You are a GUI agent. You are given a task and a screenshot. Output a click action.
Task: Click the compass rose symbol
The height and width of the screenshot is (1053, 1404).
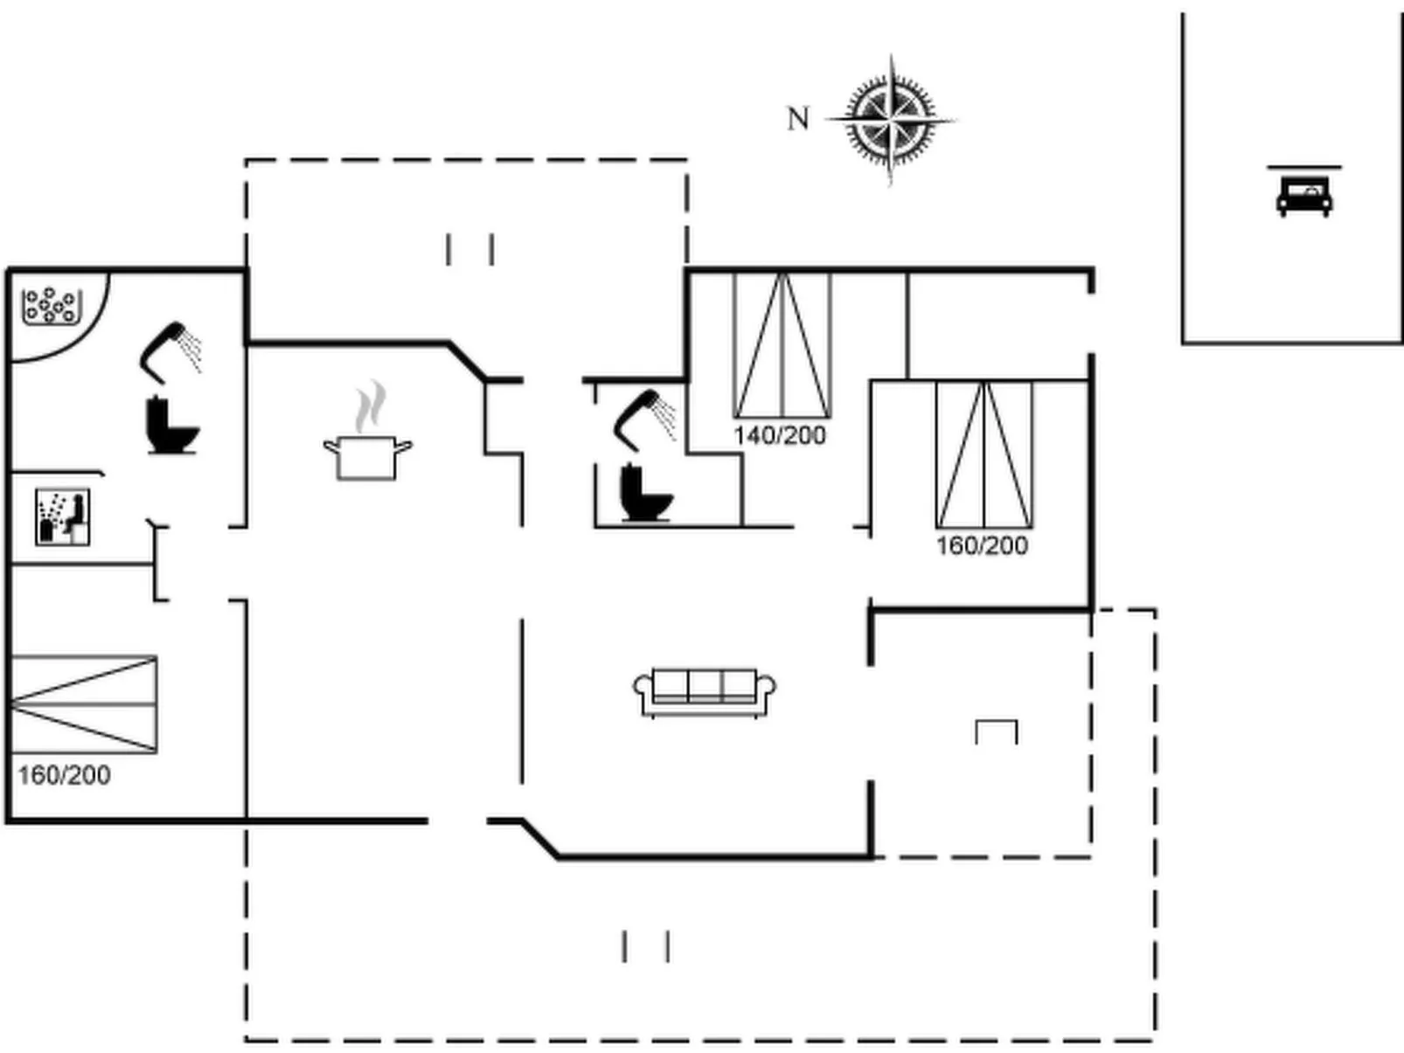[891, 120]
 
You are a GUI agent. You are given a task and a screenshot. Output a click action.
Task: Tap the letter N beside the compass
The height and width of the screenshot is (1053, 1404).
[798, 118]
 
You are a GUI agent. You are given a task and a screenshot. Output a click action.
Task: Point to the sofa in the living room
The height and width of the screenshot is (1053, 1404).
[705, 692]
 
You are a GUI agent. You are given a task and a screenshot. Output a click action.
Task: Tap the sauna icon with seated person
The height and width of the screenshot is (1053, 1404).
[62, 516]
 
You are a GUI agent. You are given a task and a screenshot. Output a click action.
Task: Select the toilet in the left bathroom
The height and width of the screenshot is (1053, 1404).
[172, 425]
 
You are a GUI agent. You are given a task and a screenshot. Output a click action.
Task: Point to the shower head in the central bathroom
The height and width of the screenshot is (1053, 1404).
[645, 419]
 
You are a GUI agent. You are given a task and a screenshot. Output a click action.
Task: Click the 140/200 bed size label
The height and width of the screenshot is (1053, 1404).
[780, 435]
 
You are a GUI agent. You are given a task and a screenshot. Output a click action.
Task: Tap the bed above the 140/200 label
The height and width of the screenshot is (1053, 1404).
[782, 345]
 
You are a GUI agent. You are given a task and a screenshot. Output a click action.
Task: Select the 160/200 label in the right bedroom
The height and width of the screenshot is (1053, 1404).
[982, 546]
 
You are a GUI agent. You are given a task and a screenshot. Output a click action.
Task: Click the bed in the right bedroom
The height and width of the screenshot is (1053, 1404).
[984, 454]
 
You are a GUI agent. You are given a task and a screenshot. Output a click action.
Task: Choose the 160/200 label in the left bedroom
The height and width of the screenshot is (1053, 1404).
[64, 775]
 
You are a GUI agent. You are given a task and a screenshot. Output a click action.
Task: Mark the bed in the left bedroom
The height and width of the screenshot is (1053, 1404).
[83, 704]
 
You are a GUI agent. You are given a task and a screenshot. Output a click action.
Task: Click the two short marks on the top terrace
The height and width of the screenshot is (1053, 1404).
[470, 249]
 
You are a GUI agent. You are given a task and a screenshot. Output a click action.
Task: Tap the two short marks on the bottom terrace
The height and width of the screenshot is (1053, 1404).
[646, 946]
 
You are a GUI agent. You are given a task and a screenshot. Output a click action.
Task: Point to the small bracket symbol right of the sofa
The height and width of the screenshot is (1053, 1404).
[997, 731]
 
